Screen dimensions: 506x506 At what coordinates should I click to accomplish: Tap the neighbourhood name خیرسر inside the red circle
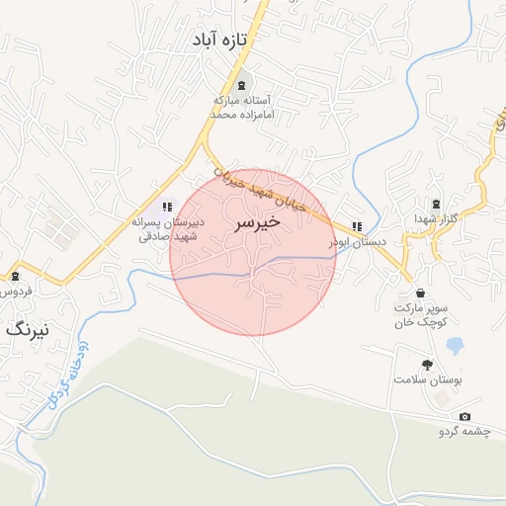(x=257, y=223)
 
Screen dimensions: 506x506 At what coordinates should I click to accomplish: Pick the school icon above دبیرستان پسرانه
(x=168, y=207)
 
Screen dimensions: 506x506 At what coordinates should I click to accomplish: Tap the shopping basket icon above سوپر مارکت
(x=421, y=294)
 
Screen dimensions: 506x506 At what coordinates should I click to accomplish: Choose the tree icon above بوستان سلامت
(x=427, y=364)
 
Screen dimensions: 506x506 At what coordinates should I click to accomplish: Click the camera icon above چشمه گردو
(x=464, y=417)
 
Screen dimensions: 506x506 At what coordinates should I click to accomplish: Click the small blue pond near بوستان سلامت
(x=456, y=346)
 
